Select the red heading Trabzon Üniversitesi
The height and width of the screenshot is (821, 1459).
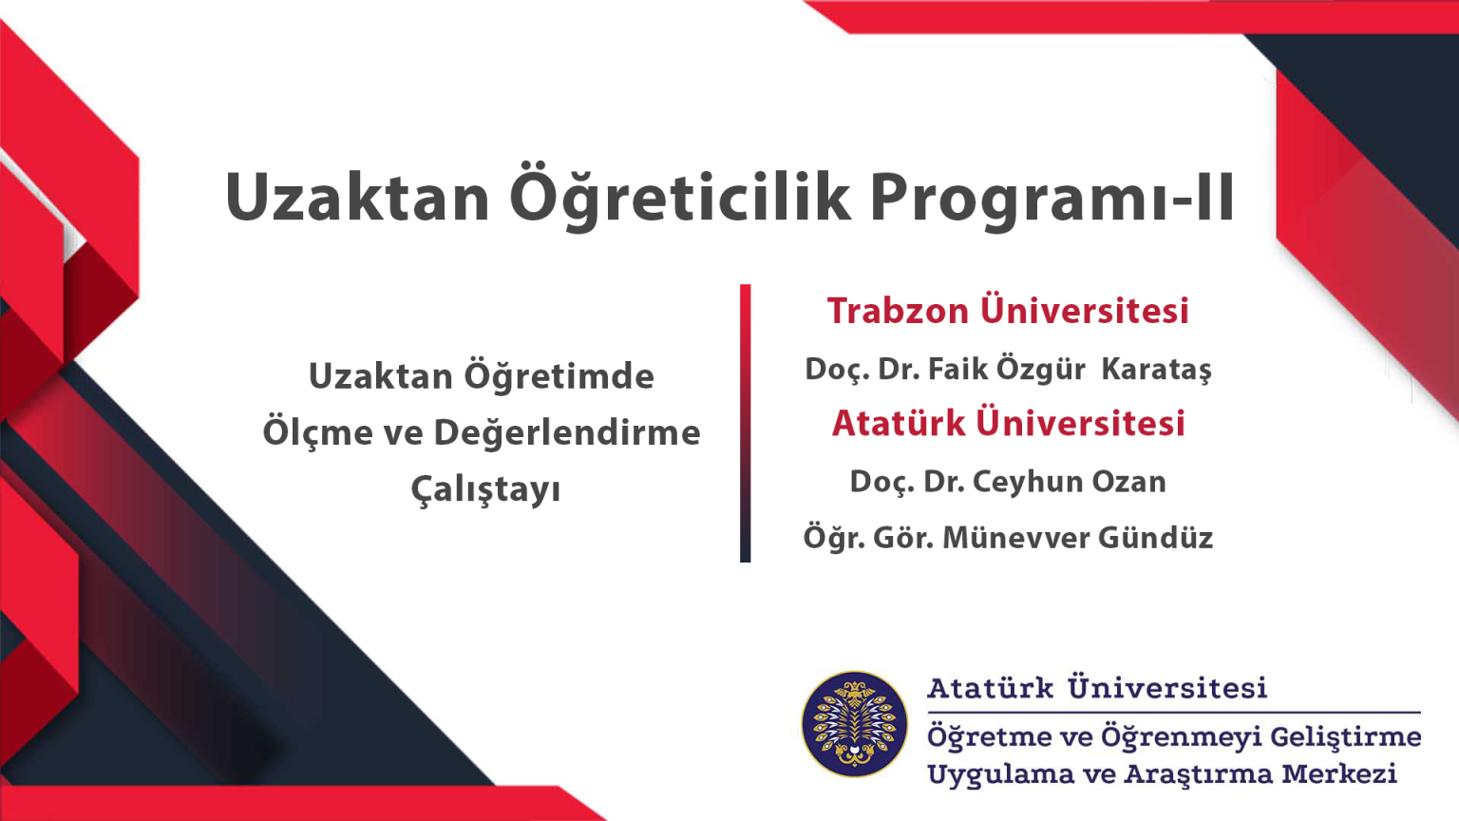tap(1008, 310)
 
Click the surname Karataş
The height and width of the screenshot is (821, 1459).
tap(1157, 370)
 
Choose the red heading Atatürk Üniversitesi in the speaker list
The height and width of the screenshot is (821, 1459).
tap(1008, 422)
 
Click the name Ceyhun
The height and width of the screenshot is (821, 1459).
tap(1027, 483)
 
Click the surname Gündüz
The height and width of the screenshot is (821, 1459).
tap(1155, 538)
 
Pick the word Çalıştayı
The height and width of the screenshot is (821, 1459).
tap(486, 489)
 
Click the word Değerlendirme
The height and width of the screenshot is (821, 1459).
tap(567, 432)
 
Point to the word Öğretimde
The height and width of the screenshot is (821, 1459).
tap(559, 375)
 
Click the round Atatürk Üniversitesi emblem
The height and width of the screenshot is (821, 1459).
tap(855, 724)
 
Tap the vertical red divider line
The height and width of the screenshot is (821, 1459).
tap(745, 423)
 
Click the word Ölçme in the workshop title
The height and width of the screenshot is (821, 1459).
tap(316, 432)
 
